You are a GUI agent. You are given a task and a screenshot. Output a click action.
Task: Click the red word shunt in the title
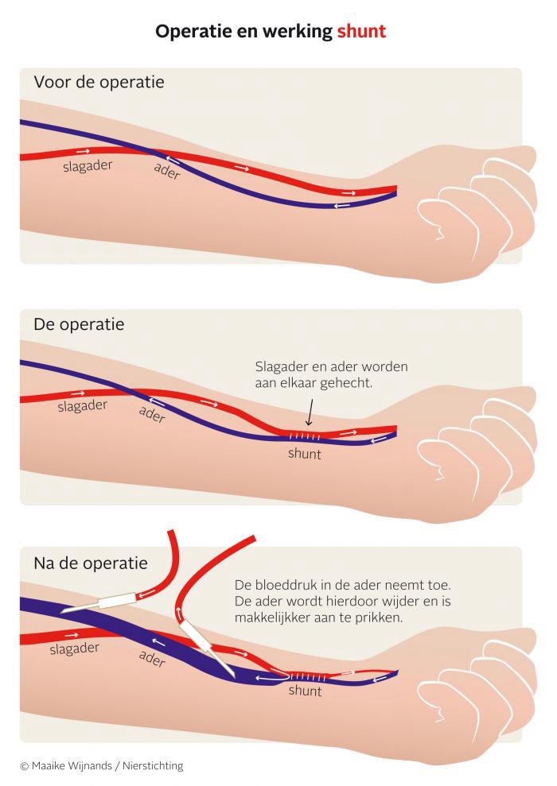coord(361,31)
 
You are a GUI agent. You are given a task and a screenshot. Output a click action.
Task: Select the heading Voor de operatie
coord(99,82)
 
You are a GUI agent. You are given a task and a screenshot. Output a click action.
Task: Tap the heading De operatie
coord(79,324)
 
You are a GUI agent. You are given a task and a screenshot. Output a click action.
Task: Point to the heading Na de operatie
coord(91,563)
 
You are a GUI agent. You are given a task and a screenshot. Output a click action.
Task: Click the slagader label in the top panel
coord(88,166)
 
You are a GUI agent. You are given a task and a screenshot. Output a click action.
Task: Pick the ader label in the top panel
coord(167,171)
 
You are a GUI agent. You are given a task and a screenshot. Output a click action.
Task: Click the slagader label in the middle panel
coord(83,405)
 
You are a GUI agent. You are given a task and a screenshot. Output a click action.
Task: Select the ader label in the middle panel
coord(152,415)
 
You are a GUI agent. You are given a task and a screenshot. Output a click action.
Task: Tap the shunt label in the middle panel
coord(305,454)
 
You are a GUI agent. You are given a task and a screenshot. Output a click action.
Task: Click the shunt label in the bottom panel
coord(305,691)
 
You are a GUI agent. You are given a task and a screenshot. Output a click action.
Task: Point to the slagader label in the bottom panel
coord(74,649)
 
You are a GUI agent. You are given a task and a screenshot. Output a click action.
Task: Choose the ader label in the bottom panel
coord(152,659)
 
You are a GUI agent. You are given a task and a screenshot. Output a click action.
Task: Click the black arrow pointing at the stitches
coord(310,412)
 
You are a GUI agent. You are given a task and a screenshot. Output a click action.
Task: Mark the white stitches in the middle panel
coord(305,436)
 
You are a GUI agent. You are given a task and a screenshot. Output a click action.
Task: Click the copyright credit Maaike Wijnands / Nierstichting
coord(102,765)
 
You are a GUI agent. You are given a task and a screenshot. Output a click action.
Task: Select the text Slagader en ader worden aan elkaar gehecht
coord(331,375)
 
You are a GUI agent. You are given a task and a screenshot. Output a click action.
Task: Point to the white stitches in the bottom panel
coord(309,677)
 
